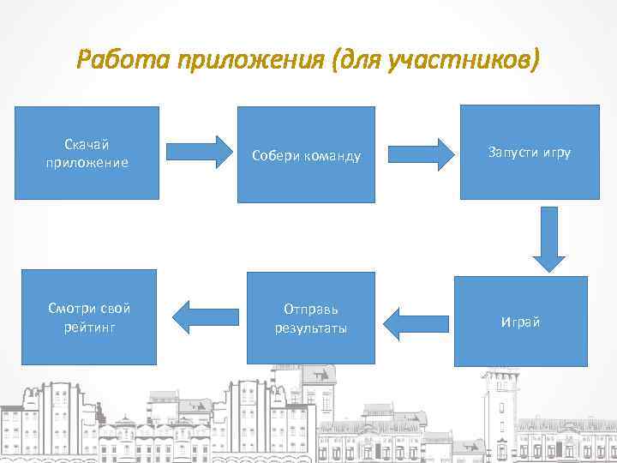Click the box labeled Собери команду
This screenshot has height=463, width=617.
tap(306, 154)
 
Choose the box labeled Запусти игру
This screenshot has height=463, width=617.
tap(530, 153)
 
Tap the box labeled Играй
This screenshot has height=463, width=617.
tap(521, 322)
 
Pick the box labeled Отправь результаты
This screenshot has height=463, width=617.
tap(310, 318)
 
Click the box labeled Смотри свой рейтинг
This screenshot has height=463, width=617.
tap(89, 317)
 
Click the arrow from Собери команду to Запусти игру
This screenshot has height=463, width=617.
tap(421, 154)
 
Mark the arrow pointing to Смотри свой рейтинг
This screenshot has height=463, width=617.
tap(205, 317)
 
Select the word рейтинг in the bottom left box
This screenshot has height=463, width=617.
tap(89, 327)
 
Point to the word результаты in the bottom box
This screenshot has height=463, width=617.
tap(310, 328)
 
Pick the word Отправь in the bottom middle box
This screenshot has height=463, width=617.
tap(310, 309)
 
